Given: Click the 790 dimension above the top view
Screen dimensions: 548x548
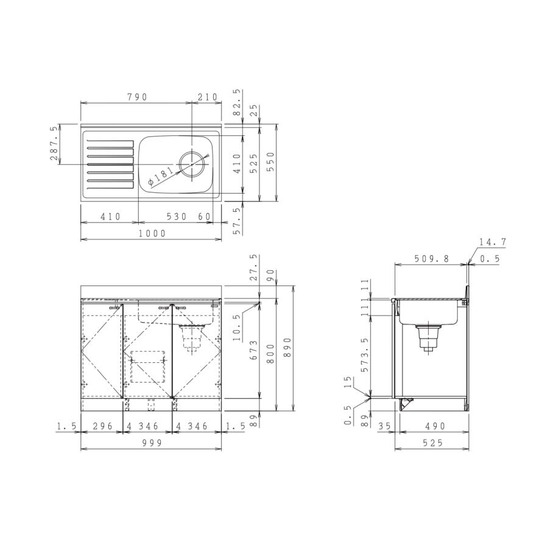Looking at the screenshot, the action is click(138, 97).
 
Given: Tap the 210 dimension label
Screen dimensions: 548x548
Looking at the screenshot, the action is click(208, 97).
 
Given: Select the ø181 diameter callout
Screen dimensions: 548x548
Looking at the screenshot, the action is click(160, 176).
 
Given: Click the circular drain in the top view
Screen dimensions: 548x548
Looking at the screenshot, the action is click(192, 164).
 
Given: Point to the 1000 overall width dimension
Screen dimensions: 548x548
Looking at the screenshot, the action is click(152, 233).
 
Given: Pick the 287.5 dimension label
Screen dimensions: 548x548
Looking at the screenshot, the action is click(54, 143).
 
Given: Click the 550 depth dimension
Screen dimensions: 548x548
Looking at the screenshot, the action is click(271, 163).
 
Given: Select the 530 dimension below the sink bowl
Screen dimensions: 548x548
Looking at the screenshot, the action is click(177, 217).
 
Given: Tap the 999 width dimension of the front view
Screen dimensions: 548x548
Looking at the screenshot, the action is click(152, 443).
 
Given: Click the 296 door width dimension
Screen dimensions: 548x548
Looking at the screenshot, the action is click(103, 426).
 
